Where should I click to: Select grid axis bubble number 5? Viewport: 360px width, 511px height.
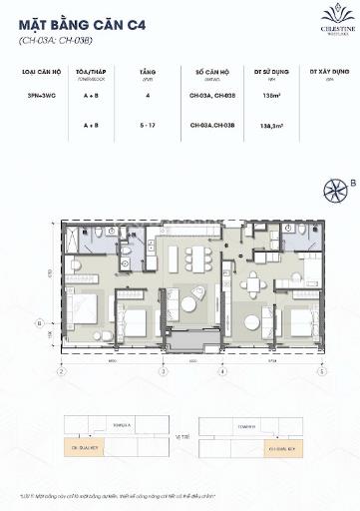(321, 371)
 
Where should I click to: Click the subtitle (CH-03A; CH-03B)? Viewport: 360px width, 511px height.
(54, 41)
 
